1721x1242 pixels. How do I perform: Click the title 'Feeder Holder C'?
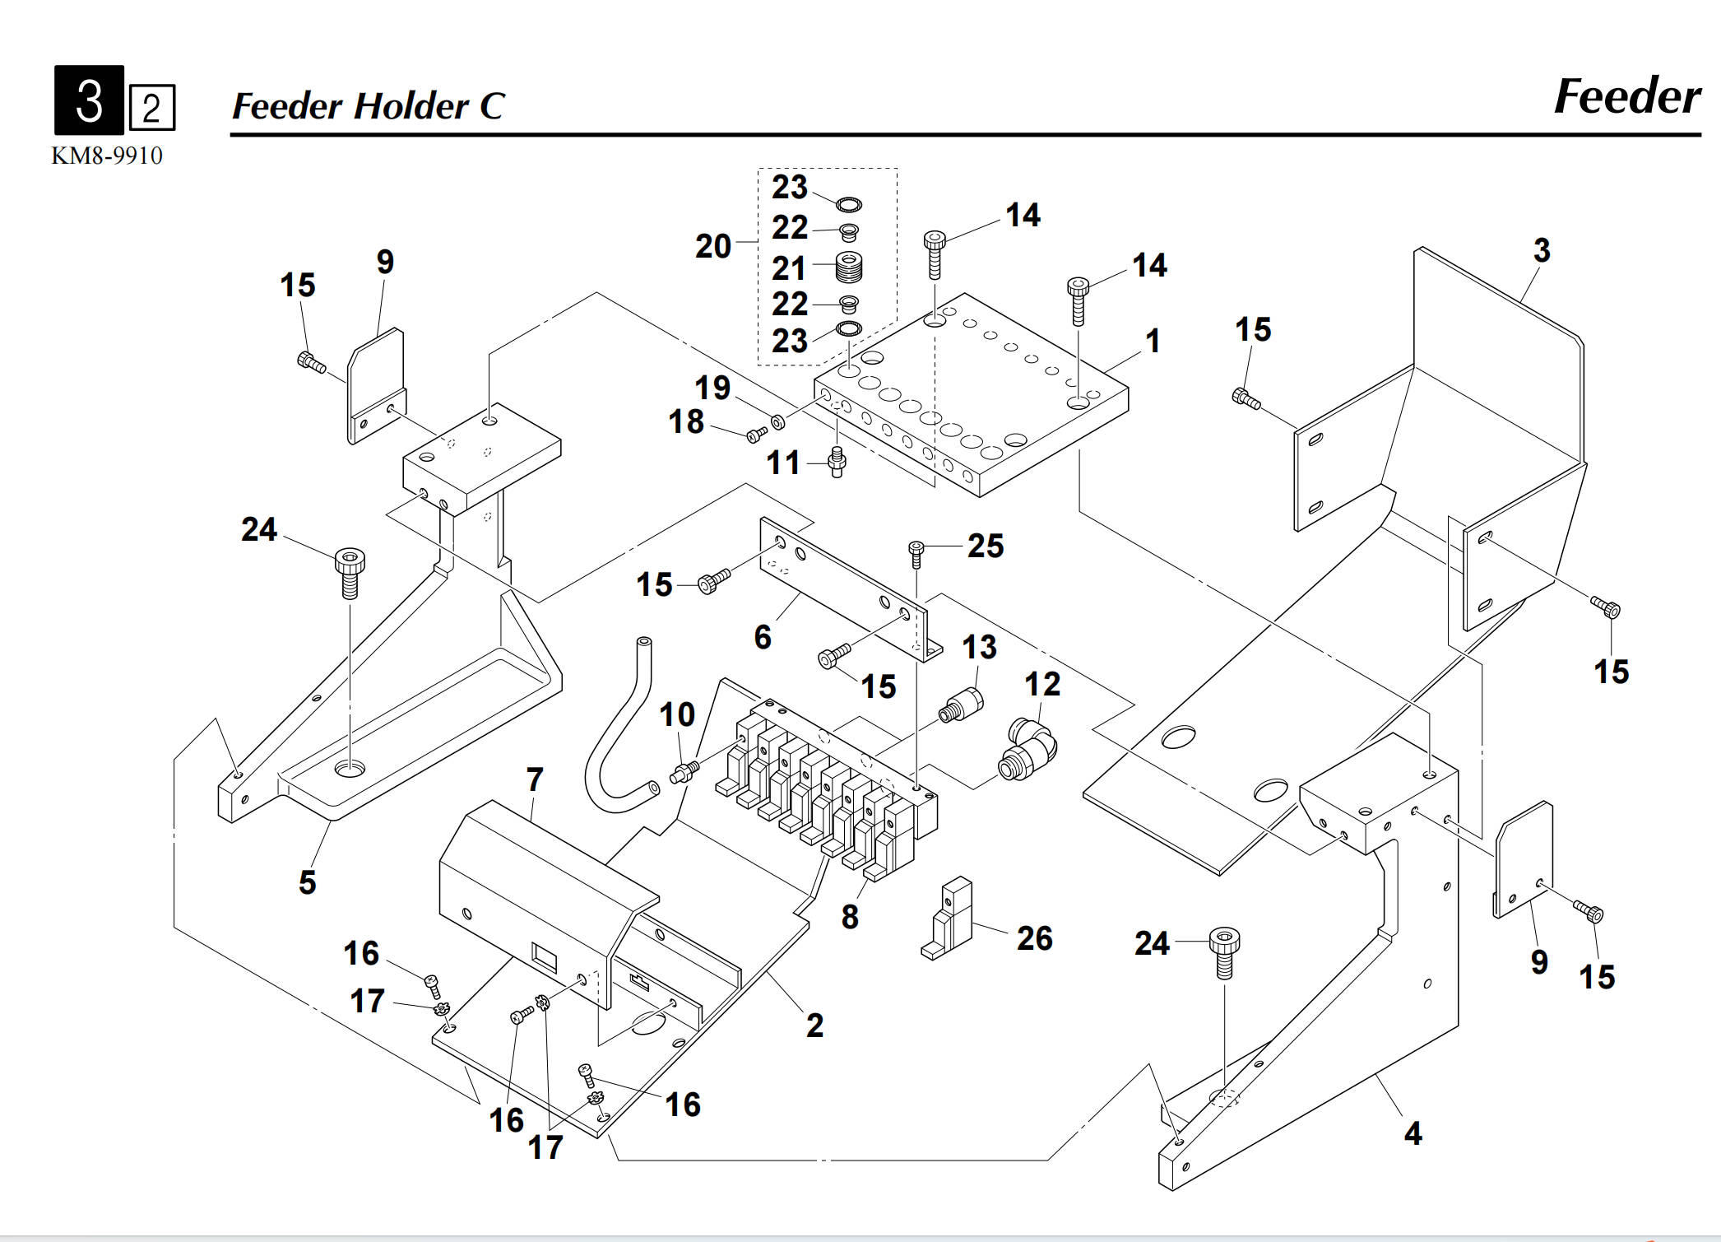[x=368, y=106]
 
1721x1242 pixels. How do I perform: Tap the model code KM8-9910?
[x=107, y=156]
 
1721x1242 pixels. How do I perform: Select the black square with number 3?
[x=89, y=100]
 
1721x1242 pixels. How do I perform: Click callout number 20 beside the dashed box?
[x=712, y=246]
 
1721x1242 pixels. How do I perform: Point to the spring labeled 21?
[x=848, y=267]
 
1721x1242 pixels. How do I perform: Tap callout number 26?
[x=1034, y=938]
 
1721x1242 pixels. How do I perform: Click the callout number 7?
[x=535, y=779]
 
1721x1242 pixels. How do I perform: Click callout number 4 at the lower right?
[x=1413, y=1133]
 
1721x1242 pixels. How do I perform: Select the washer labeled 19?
[x=777, y=423]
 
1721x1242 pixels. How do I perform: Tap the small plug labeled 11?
[x=837, y=461]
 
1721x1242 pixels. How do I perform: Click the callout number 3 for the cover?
[x=1542, y=250]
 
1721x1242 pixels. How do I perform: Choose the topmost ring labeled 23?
[x=848, y=203]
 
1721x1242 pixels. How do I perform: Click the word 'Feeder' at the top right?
[x=1626, y=97]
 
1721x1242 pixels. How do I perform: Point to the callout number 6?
[x=763, y=637]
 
